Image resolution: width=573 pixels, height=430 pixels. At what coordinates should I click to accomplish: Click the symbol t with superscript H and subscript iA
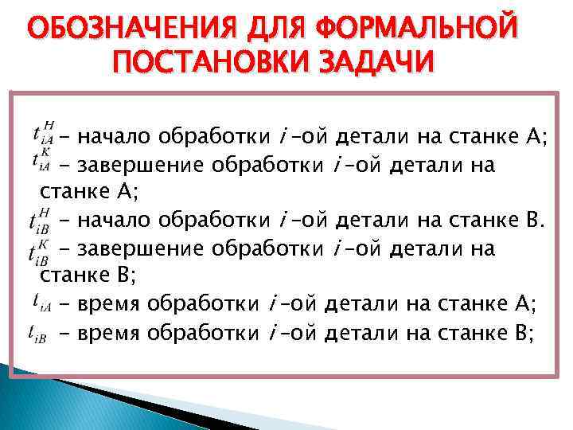40,135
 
